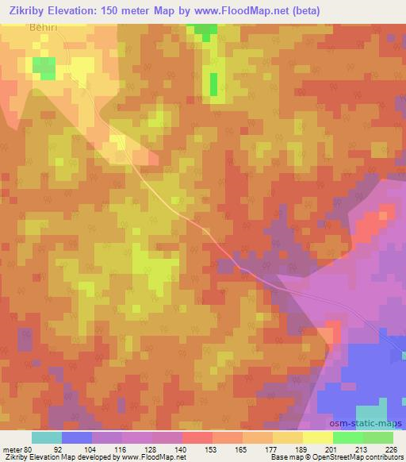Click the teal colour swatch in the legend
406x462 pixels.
[x=47, y=437]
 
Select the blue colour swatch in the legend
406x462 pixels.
[x=77, y=437]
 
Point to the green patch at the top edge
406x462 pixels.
[x=205, y=30]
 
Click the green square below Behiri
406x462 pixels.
[x=44, y=68]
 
